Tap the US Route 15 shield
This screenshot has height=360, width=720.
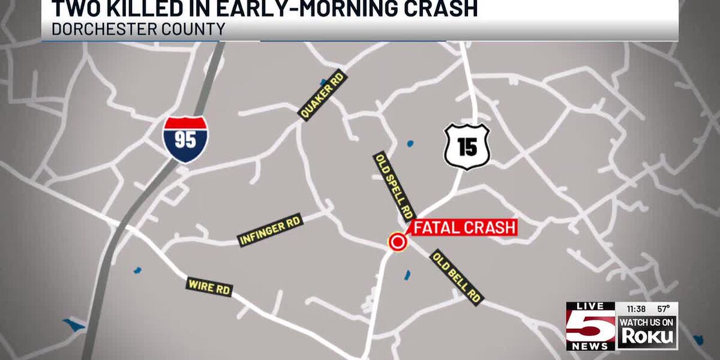(x=467, y=146)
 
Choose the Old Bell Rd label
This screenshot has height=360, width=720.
(x=457, y=277)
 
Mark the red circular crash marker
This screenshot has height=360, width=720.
(x=397, y=242)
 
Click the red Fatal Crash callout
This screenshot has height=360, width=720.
(x=464, y=227)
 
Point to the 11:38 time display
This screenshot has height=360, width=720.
(x=635, y=308)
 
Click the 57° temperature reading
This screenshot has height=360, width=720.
(x=663, y=308)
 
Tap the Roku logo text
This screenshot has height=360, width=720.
(x=647, y=336)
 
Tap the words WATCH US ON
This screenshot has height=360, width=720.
(x=647, y=322)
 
